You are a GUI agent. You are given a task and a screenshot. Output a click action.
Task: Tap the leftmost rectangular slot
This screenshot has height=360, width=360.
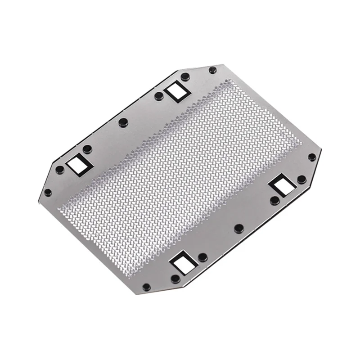[x=76, y=164]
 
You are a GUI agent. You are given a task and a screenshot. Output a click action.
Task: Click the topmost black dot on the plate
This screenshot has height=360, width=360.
[x=212, y=70]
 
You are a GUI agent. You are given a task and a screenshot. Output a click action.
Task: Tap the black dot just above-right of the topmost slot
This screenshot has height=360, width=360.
[x=185, y=76]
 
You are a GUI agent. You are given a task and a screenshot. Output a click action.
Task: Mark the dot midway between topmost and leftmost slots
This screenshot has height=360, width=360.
[x=123, y=122]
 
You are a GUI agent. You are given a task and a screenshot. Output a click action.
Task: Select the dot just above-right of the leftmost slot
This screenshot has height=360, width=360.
[x=88, y=148]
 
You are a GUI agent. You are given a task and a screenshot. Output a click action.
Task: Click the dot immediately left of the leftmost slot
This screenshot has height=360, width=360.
[x=59, y=170]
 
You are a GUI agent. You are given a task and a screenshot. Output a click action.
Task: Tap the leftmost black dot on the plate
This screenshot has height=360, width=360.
[x=48, y=193]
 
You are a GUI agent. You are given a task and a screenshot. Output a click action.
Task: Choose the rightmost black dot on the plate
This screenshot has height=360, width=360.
[x=311, y=157]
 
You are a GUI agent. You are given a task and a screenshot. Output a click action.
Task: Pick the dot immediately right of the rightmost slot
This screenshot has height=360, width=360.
[x=301, y=179]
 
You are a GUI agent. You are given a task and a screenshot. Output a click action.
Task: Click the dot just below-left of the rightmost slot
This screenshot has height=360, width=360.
[x=274, y=200]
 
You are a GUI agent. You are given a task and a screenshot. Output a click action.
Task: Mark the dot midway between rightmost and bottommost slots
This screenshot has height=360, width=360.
[x=238, y=228]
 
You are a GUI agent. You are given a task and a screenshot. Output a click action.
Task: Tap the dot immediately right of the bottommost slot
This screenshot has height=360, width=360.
[x=202, y=257]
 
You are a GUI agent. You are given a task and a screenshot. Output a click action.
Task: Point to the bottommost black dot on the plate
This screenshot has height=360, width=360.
[x=146, y=287]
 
